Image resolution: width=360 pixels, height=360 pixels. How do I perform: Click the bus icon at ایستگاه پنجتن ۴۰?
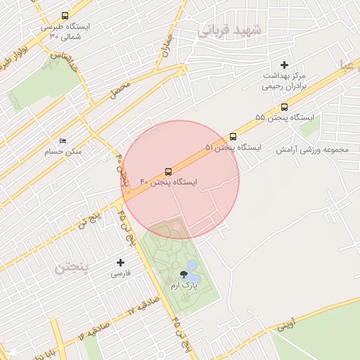tap(167, 172)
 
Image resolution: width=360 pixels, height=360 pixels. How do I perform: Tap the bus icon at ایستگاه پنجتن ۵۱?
tap(233, 137)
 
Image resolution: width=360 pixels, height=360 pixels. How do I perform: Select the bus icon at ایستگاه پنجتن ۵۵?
tap(284, 108)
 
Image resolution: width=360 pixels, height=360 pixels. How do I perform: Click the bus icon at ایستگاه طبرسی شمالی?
tap(65, 15)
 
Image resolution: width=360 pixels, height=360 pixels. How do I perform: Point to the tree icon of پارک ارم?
tap(184, 275)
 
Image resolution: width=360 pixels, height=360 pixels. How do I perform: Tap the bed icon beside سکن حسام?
tap(63, 141)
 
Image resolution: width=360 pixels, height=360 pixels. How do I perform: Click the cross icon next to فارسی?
tap(120, 263)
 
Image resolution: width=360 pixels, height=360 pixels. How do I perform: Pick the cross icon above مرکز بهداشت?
tap(284, 65)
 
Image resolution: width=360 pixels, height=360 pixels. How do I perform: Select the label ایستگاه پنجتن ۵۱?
tap(233, 148)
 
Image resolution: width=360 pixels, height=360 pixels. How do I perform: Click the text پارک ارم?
tap(184, 286)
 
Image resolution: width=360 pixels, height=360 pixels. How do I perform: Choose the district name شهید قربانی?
tap(229, 30)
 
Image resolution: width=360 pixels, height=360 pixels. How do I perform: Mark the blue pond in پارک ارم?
tap(193, 267)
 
